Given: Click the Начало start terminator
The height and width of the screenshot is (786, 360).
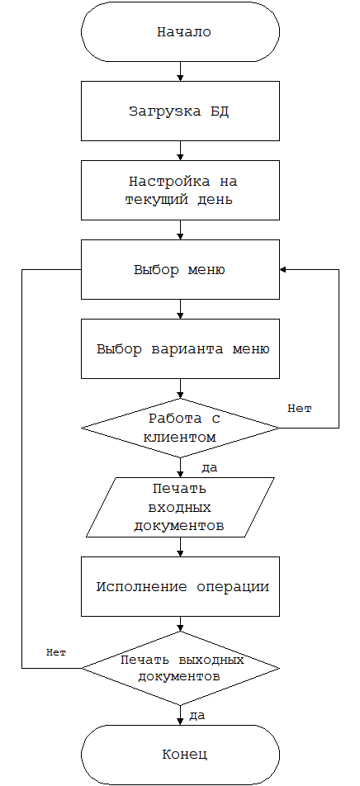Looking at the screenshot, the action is tap(181, 32).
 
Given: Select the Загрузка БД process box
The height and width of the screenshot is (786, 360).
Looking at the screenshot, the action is tap(181, 111).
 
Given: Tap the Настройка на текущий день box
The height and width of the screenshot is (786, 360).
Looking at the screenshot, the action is tap(181, 191).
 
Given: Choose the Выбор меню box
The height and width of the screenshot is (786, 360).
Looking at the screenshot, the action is tap(181, 270).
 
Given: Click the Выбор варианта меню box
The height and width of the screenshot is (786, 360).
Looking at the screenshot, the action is tap(181, 349).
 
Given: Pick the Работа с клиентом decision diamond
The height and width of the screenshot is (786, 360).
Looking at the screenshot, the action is tap(181, 428).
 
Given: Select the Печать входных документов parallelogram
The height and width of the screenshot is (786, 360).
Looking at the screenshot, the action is tap(181, 507).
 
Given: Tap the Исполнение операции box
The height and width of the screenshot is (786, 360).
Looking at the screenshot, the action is tap(181, 586).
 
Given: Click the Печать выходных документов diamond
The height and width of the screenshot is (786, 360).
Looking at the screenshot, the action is tap(181, 668).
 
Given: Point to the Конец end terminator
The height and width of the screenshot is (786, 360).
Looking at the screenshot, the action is tap(181, 755).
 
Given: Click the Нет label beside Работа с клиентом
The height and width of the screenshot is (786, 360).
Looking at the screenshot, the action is tap(300, 409).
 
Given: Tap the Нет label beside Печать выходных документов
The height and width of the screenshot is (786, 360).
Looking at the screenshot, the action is tap(56, 652).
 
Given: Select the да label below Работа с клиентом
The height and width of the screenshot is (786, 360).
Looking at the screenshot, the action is tap(209, 468).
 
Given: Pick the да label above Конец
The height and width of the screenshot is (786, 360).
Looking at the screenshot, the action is tap(197, 715).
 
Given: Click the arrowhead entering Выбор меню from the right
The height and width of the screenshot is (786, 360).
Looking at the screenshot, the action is tap(282, 270).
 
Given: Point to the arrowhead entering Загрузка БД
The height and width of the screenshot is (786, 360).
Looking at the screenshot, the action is tap(181, 78).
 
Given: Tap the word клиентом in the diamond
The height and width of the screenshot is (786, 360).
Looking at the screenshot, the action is tap(179, 437).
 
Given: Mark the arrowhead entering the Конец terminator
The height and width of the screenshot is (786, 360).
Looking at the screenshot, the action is tap(181, 722).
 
